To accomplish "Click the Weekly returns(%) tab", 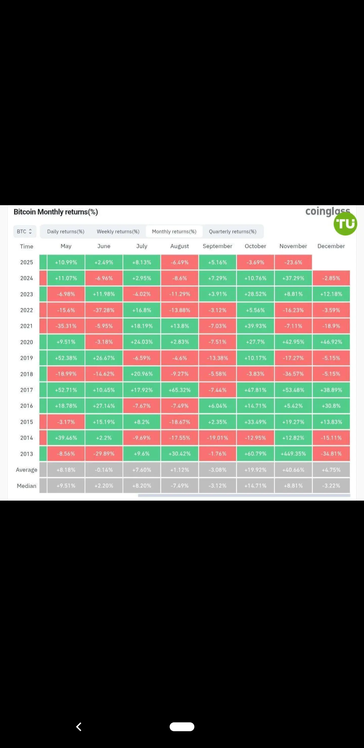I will coord(118,231).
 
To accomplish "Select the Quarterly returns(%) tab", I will coord(232,231).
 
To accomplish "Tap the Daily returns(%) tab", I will coord(66,231).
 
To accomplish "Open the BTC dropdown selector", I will coord(25,231).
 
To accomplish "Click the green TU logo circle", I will coord(345,224).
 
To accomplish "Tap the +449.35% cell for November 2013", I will coord(293,454).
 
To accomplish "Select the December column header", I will coord(331,246).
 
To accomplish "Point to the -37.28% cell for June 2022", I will coord(104,310).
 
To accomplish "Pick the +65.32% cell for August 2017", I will coord(179,390).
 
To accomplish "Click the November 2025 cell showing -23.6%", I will coord(293,262).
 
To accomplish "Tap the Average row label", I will coord(27,470).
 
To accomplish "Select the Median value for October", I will coord(255,485).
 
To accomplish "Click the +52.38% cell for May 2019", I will coord(66,358).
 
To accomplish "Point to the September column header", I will coord(217,246).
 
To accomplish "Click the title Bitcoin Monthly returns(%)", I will coord(56,212).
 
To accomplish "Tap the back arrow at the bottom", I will coord(79,727).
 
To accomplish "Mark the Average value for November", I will coord(293,470).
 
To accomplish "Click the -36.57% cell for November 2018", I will coord(293,374).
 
